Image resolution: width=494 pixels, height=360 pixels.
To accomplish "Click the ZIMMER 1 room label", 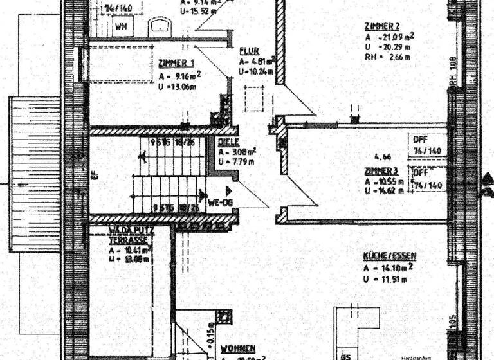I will [x=176, y=63].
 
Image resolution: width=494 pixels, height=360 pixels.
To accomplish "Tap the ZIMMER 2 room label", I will [x=382, y=26].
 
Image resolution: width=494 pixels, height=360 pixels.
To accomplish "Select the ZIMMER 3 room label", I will [x=381, y=172].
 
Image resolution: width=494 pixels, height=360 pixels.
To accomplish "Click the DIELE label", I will [x=228, y=142].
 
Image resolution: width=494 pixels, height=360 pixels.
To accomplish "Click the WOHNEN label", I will [x=238, y=348].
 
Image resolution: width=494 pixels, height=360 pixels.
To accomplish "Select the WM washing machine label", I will [x=121, y=27].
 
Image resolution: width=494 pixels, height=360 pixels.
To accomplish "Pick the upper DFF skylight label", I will [x=419, y=138].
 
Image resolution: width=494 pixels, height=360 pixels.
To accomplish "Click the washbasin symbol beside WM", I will [x=159, y=26].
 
